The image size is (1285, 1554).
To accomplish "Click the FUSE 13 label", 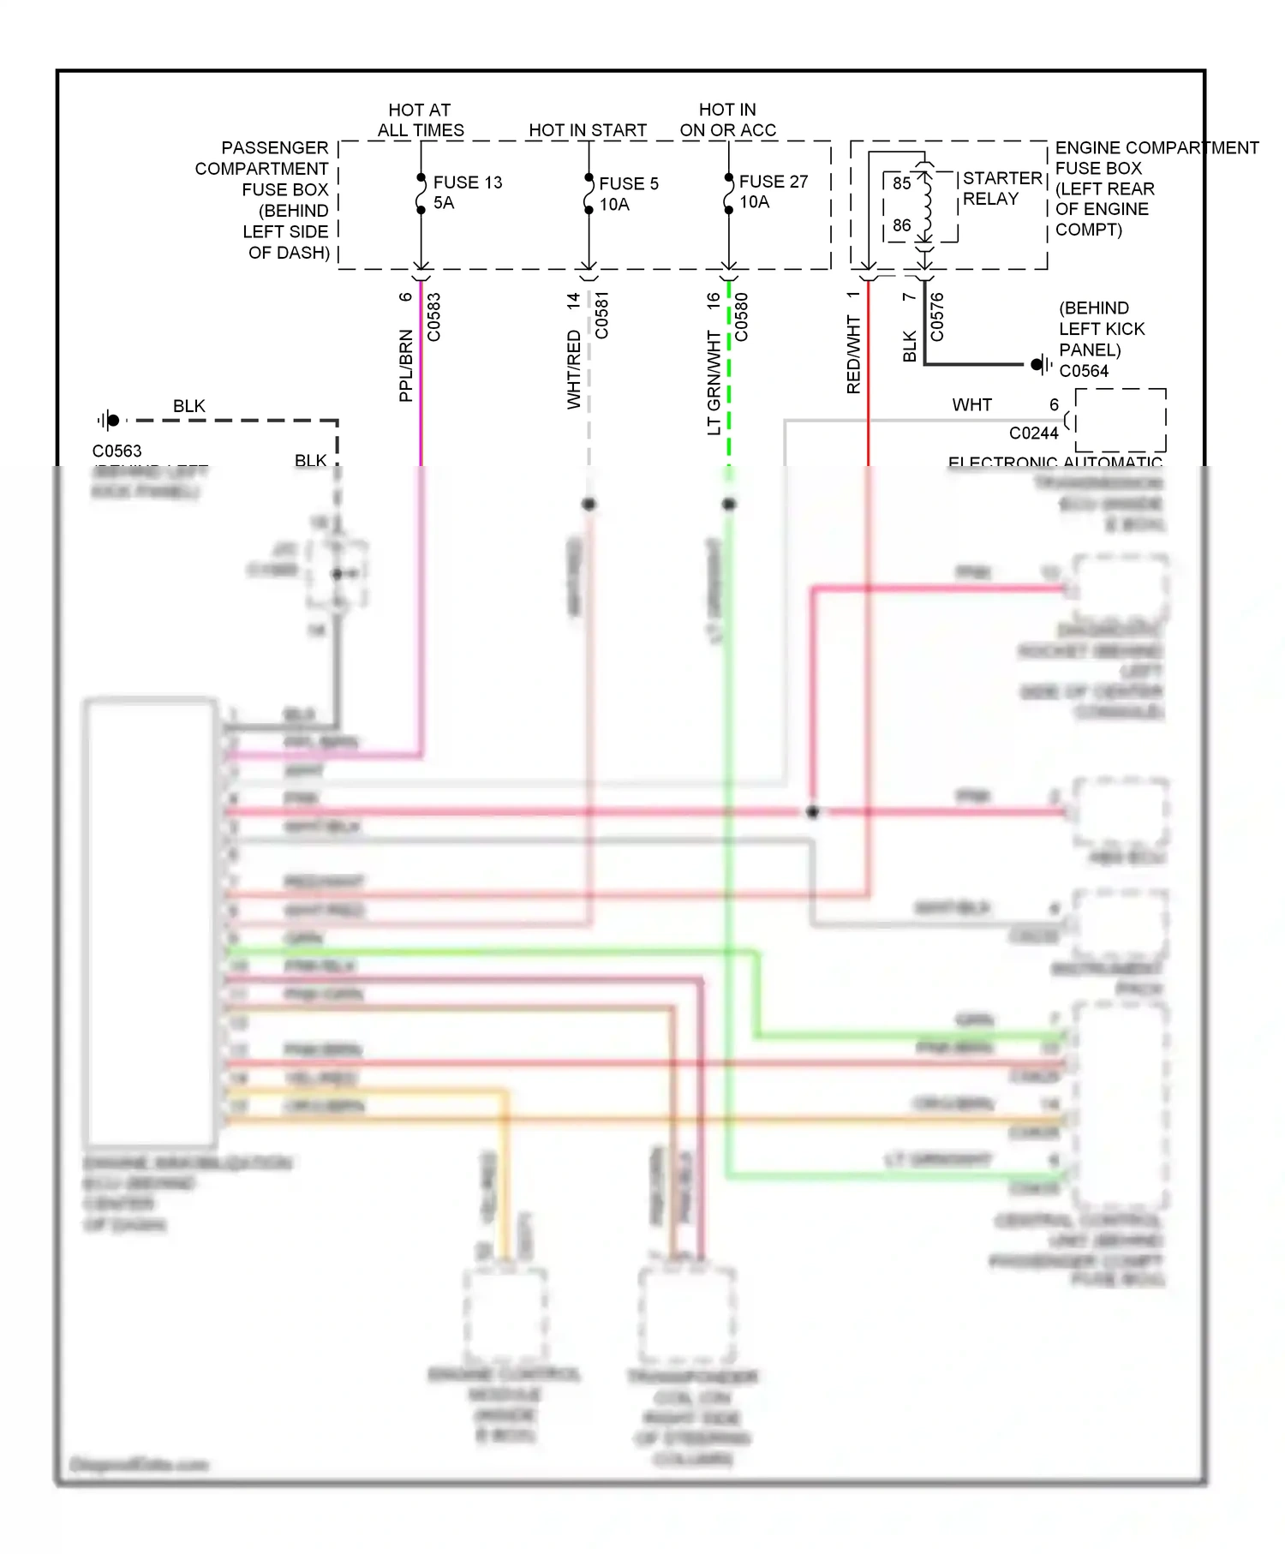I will (x=467, y=182).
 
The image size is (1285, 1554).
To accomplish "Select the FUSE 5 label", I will (x=628, y=183).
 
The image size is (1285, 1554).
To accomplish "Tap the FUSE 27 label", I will (x=773, y=182).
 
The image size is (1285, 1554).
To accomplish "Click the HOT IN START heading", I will (x=587, y=130).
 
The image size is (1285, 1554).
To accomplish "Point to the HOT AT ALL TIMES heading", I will (x=420, y=120).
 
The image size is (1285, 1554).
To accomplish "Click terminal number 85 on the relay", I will (x=901, y=183).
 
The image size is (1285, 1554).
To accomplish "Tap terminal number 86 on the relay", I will (x=901, y=225).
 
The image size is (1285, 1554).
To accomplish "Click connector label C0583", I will (x=434, y=317).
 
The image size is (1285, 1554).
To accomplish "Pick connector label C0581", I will (x=602, y=315).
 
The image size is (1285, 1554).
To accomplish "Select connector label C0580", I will (x=742, y=317).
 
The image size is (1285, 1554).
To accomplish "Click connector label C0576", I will (x=937, y=316).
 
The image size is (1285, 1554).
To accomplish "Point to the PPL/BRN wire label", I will (x=406, y=366).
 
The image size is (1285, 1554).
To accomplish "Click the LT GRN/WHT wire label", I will (x=714, y=383).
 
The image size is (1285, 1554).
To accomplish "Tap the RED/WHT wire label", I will (x=853, y=355).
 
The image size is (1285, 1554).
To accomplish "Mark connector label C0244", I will (x=1033, y=433).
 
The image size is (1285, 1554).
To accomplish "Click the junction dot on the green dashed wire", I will (x=729, y=504).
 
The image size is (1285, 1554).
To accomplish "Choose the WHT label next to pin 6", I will (x=971, y=404).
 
